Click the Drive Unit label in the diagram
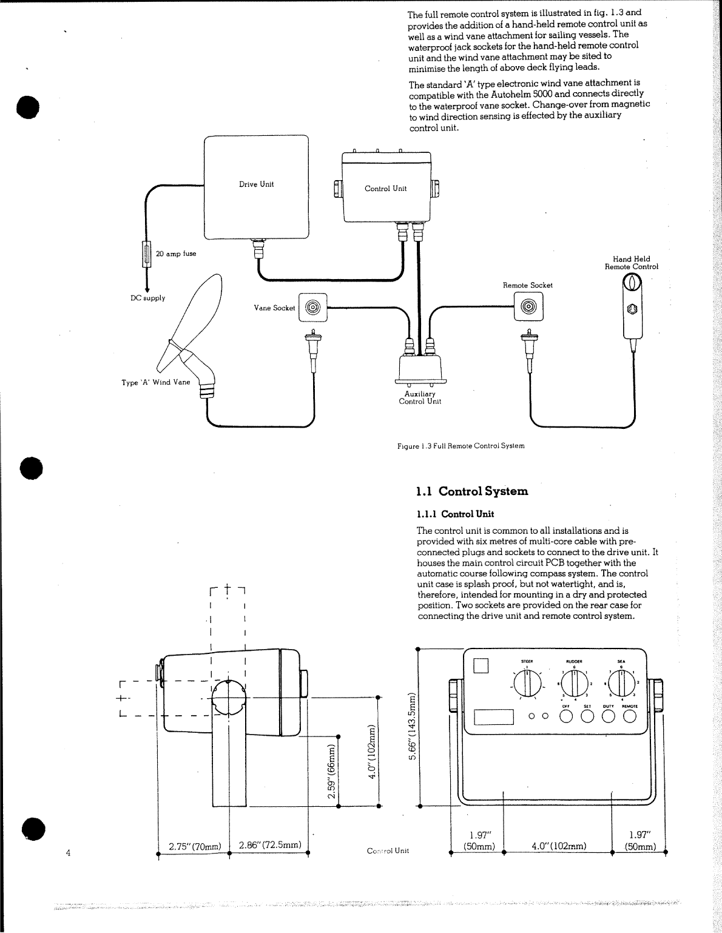coord(256,184)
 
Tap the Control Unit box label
coord(385,189)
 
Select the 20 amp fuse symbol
coord(146,254)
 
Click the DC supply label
coord(148,298)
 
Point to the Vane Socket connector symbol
coord(312,308)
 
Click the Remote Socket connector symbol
coord(528,307)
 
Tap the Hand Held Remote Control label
coord(631,263)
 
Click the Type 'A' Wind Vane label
coord(156,383)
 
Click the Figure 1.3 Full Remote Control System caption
coord(461,446)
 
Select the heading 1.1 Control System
coord(472,491)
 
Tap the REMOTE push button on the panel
coord(629,716)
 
